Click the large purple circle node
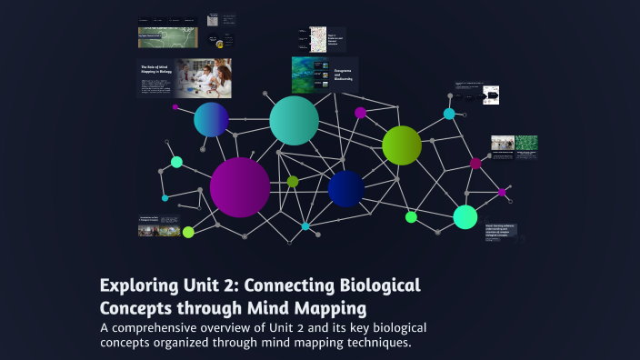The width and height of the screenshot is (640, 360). pos(240,187)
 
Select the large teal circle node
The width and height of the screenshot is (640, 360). pos(294,120)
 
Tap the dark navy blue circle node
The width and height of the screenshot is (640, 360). pos(346,188)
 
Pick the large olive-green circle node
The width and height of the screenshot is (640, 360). pos(402,145)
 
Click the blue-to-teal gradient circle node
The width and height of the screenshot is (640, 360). pos(211,119)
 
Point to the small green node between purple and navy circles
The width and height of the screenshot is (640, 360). pos(293,182)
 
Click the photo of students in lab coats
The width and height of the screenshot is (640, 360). pos(203,78)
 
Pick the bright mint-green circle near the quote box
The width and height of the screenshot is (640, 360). pos(465,217)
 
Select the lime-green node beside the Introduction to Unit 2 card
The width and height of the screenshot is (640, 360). pos(188,232)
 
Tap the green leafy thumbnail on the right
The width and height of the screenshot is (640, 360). pos(526,143)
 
